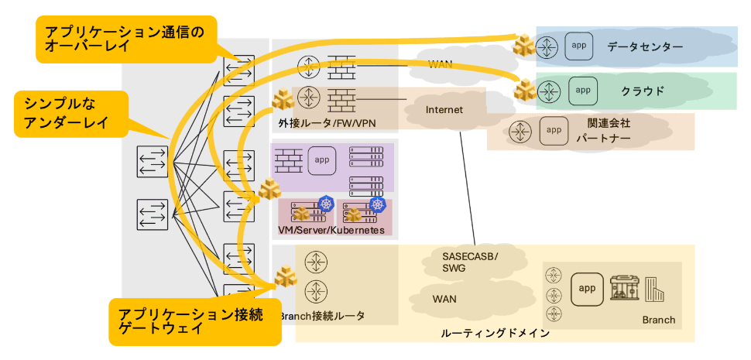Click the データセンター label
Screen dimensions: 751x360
point(645,47)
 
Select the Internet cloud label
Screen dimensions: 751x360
point(444,110)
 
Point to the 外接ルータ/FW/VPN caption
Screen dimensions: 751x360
point(327,123)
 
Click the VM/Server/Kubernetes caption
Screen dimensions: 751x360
point(331,230)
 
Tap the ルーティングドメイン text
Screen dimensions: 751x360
point(496,333)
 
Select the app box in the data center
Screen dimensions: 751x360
point(580,46)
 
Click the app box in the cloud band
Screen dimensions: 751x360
point(583,91)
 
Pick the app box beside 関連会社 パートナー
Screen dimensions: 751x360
point(554,131)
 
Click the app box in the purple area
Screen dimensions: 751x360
point(322,160)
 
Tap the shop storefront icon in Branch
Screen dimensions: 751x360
point(625,288)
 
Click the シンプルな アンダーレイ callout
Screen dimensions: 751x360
point(71,115)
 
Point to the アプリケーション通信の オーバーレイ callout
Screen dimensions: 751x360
point(126,39)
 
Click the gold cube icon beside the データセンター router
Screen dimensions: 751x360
point(523,45)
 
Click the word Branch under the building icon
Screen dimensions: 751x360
point(659,321)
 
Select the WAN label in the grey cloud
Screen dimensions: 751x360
point(440,65)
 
